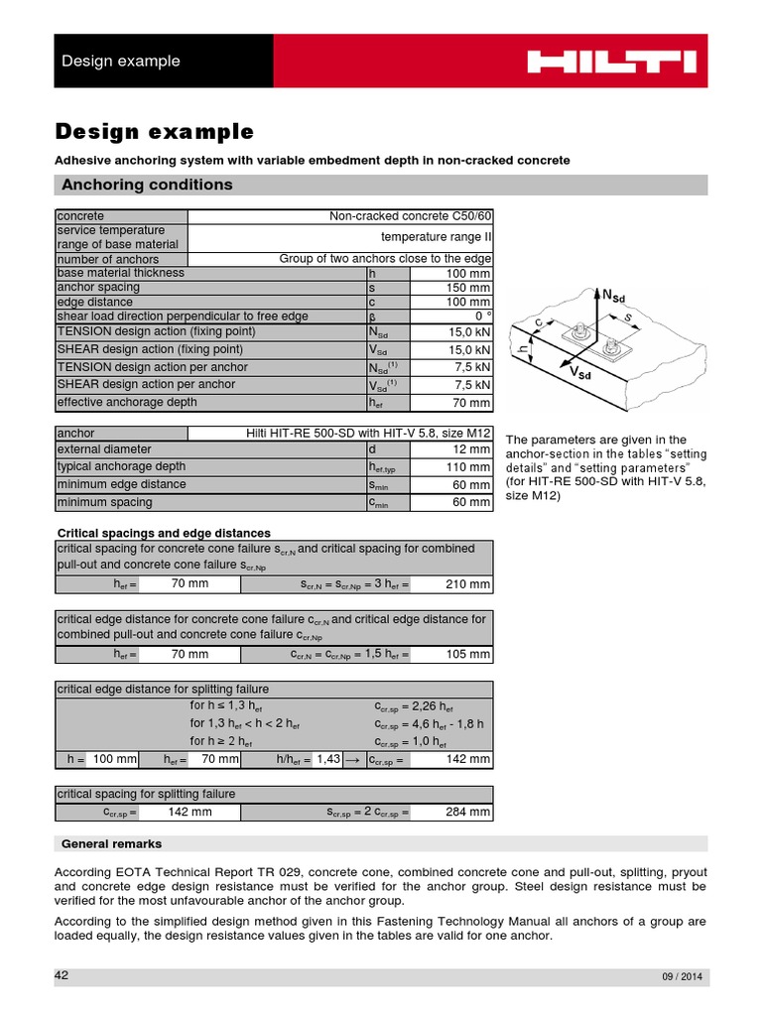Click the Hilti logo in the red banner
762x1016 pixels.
[610, 62]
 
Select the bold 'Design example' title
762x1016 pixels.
[154, 132]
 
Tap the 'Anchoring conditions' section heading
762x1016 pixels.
[147, 185]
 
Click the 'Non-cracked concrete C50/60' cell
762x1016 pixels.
[410, 216]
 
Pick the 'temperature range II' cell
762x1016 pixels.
[437, 237]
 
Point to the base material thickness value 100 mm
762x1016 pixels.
[467, 273]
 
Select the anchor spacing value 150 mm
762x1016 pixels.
[467, 288]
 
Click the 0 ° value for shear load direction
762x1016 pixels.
[481, 317]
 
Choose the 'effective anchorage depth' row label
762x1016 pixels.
[127, 403]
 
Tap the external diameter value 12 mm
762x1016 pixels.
[470, 448]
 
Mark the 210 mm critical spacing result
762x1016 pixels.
[467, 584]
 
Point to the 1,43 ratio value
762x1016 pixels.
[327, 759]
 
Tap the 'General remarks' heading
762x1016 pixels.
[111, 844]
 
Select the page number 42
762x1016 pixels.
[62, 975]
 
